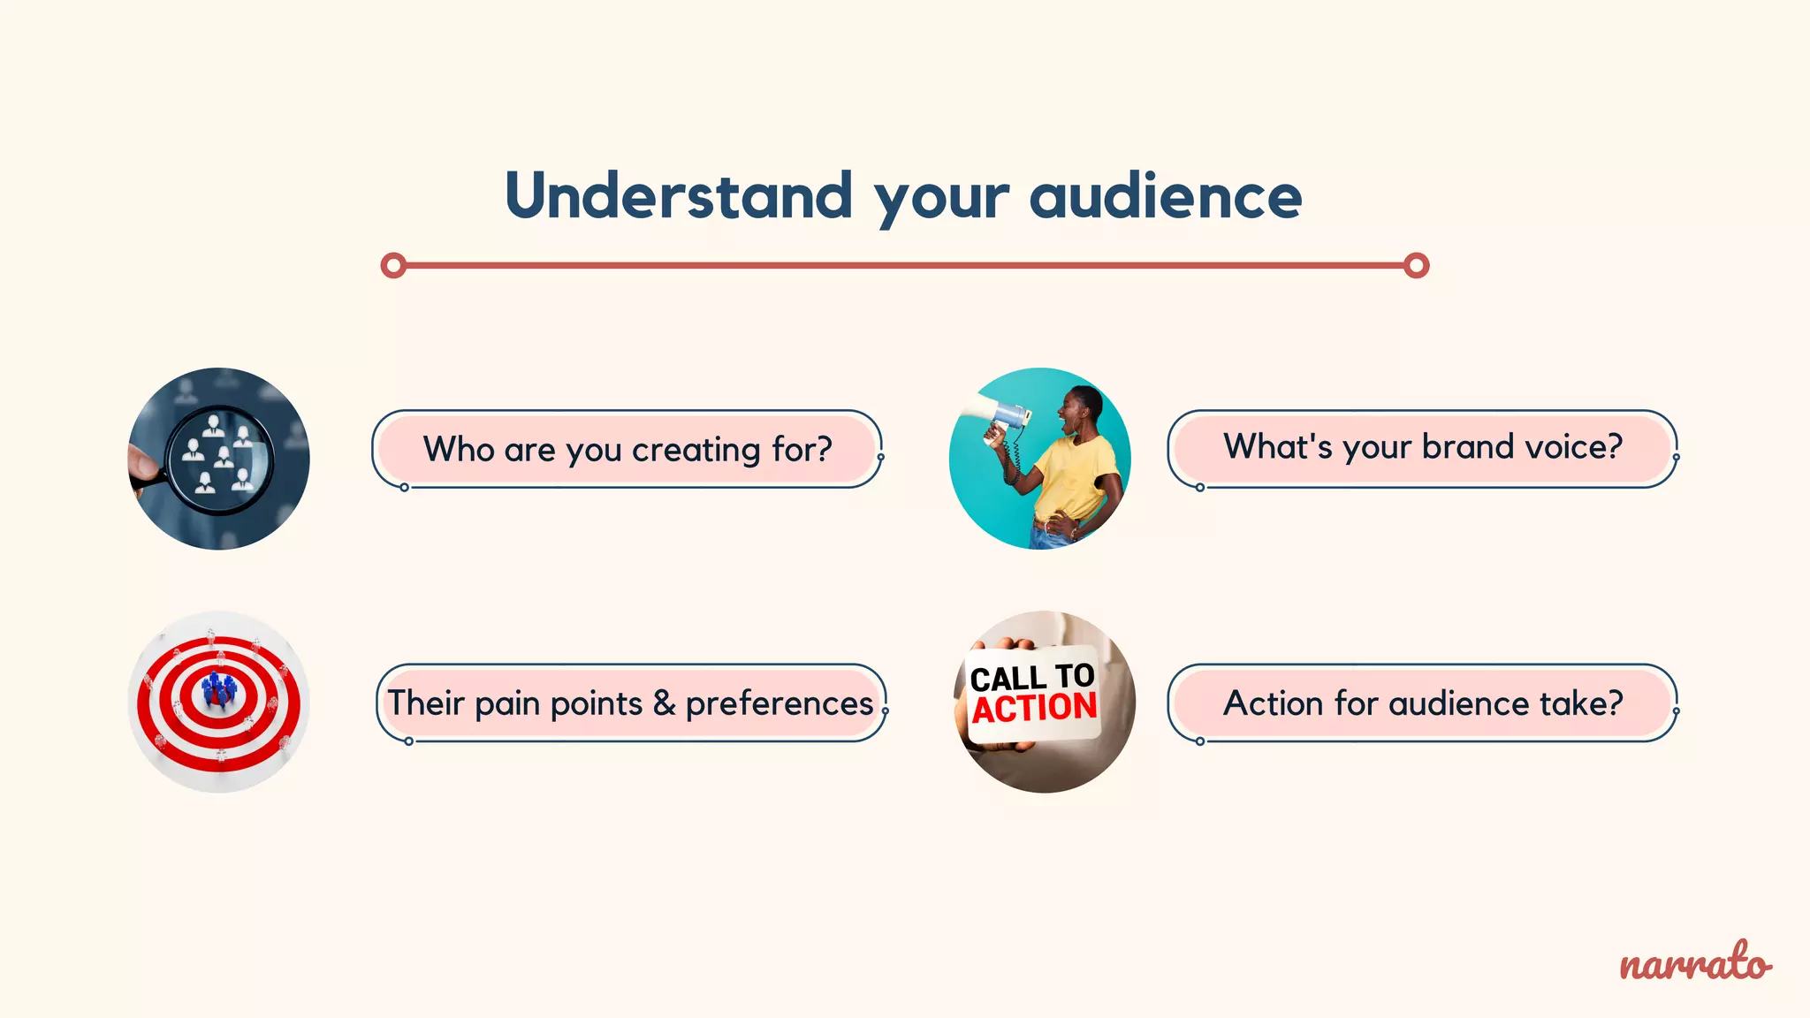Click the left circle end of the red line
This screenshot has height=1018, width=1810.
[393, 265]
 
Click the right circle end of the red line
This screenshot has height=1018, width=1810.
[1417, 265]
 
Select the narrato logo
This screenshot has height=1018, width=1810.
[1695, 962]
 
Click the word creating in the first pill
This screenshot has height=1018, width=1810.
[696, 450]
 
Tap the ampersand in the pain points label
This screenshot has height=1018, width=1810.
[664, 703]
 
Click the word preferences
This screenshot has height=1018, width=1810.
[779, 704]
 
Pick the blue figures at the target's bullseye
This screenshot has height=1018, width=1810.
[218, 690]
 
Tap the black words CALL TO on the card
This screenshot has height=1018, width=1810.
[1032, 678]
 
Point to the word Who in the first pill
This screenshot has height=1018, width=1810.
[459, 450]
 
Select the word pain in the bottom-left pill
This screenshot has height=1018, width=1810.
[507, 704]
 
